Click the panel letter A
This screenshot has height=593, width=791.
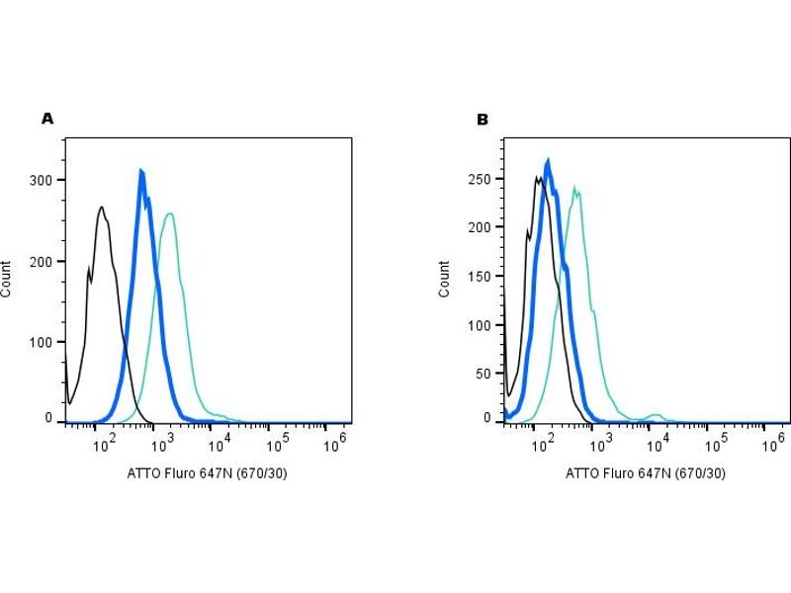pyautogui.click(x=47, y=119)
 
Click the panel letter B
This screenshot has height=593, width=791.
pyautogui.click(x=483, y=120)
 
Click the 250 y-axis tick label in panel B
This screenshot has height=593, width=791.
pyautogui.click(x=479, y=179)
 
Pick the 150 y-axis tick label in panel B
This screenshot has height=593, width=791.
pyautogui.click(x=479, y=276)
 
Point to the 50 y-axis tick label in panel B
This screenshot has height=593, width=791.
pyautogui.click(x=483, y=374)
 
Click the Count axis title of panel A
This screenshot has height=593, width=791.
pyautogui.click(x=8, y=280)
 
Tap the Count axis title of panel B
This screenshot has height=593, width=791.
pyautogui.click(x=445, y=280)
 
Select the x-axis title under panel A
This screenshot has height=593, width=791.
pyautogui.click(x=208, y=473)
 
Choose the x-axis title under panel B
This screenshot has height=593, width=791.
pyautogui.click(x=646, y=473)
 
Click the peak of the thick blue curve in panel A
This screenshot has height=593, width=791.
pyautogui.click(x=141, y=172)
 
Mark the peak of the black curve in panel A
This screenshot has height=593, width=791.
pyautogui.click(x=102, y=207)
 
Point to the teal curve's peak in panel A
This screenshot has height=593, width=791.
pyautogui.click(x=171, y=213)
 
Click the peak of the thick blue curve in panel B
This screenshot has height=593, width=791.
pyautogui.click(x=548, y=160)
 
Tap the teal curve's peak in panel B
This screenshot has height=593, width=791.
pyautogui.click(x=573, y=187)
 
